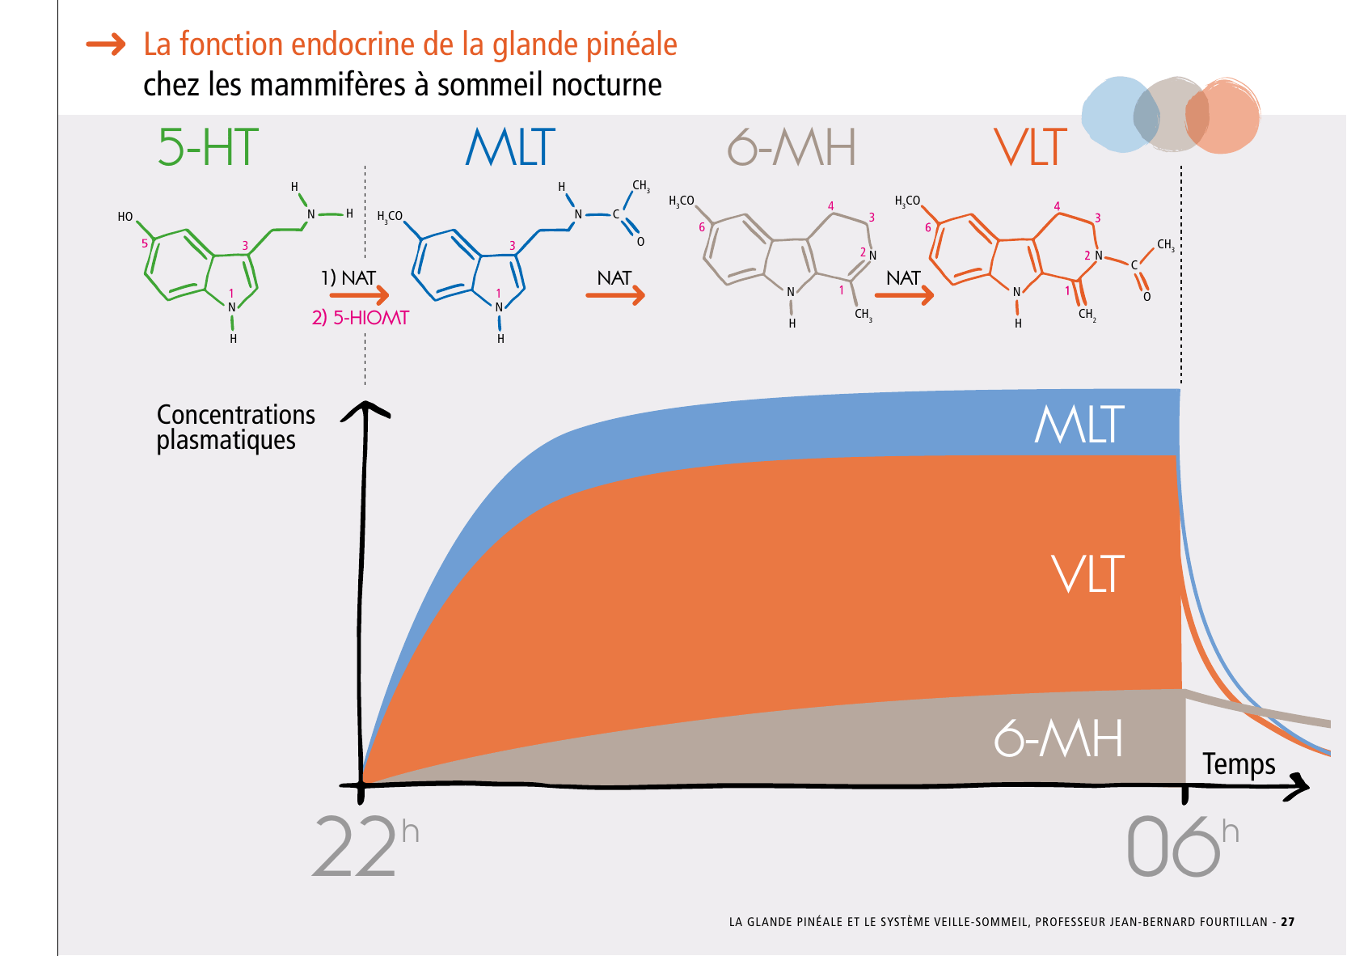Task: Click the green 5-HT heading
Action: point(208,147)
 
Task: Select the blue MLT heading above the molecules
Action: point(510,147)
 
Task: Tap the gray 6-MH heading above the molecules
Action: point(791,147)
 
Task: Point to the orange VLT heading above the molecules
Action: point(1030,147)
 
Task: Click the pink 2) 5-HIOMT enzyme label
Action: point(361,318)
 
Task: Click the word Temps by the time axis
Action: point(1238,764)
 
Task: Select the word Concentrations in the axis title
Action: point(235,415)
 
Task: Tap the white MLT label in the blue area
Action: point(1079,425)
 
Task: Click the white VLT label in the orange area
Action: point(1087,574)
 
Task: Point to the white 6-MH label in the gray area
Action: point(1058,738)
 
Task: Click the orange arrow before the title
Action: point(107,44)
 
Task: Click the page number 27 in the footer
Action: point(1287,922)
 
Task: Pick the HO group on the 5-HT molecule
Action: point(125,217)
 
